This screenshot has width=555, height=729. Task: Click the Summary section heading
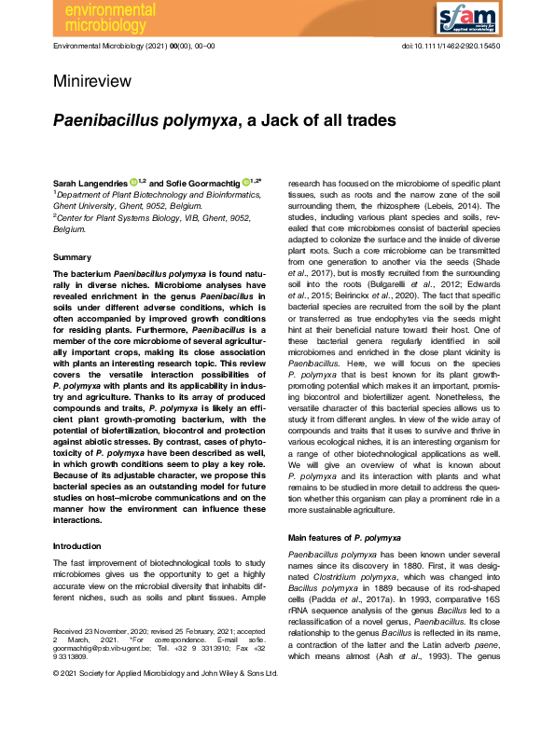(x=72, y=255)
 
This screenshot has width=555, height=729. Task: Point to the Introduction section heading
(x=78, y=546)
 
